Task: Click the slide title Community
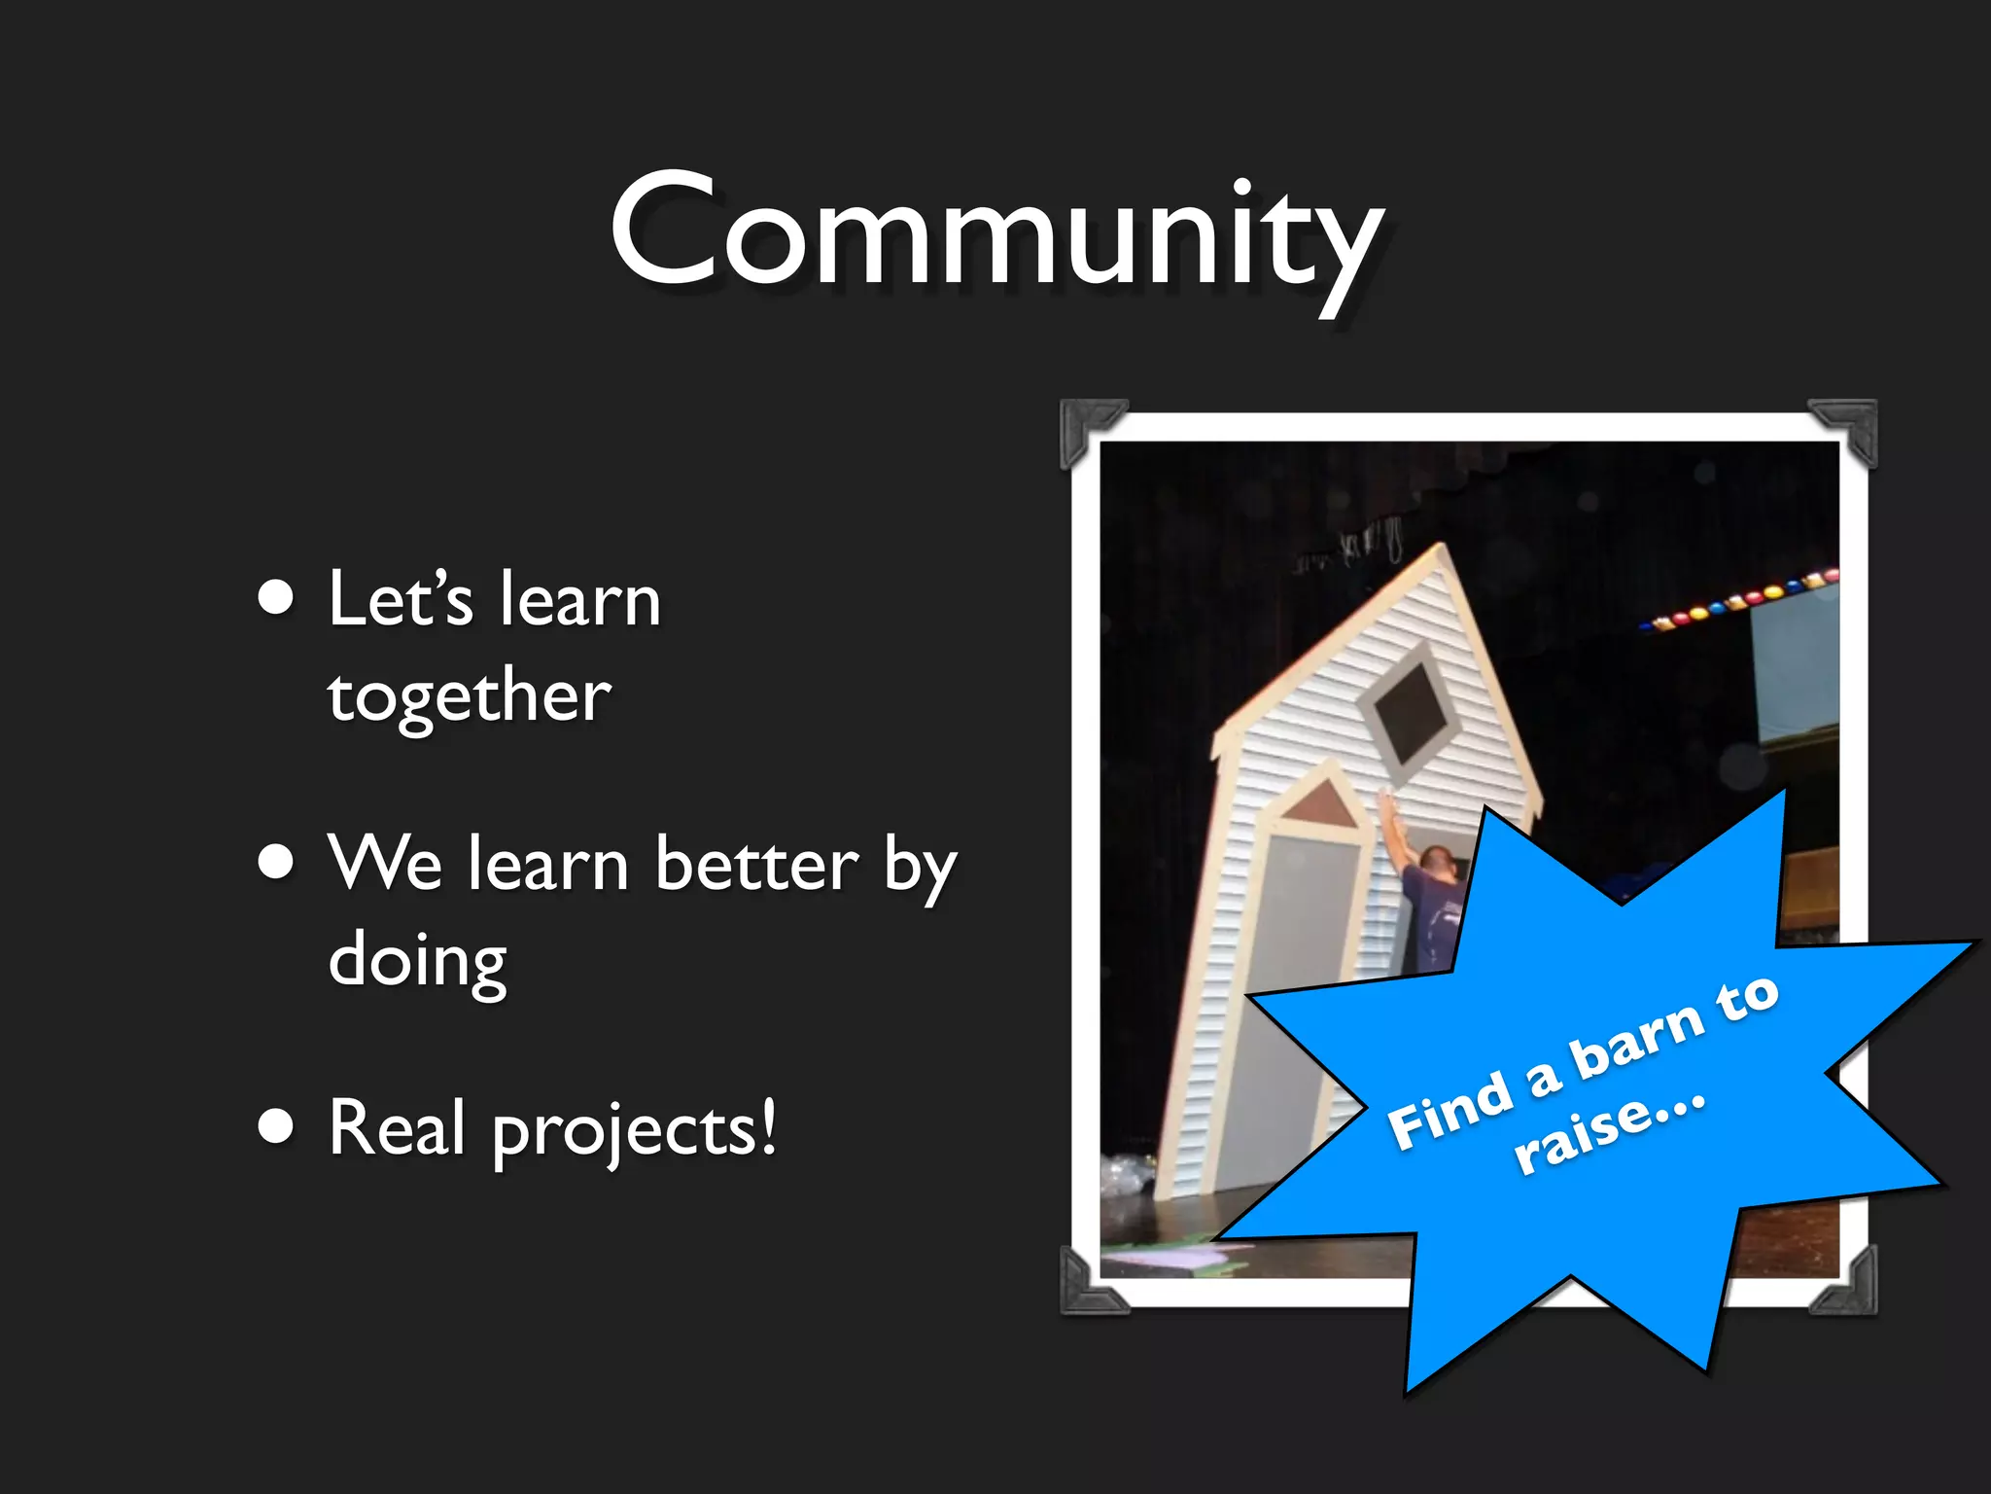click(x=995, y=233)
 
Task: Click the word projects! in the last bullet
click(x=635, y=1130)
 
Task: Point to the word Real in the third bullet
click(x=397, y=1128)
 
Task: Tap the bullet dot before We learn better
click(x=276, y=861)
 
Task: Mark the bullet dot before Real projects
click(x=276, y=1125)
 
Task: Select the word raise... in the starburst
click(x=1610, y=1134)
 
